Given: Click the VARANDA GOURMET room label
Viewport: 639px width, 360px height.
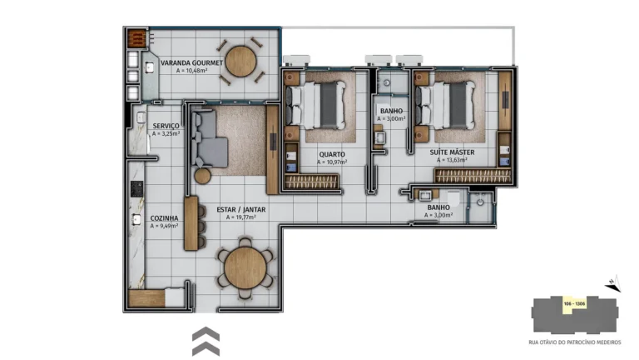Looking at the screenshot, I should coord(192,62).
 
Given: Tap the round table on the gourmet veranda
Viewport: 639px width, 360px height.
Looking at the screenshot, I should coord(241,60).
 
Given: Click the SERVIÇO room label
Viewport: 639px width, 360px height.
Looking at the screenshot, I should coord(165,125).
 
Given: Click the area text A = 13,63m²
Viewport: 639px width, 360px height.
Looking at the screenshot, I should coord(453,160).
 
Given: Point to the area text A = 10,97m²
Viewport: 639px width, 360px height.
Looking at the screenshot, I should coord(332,162).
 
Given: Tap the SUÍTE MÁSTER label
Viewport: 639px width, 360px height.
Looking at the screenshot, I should coord(453,152).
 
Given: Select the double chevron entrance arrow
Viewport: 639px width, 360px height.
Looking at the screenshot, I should coord(206,341).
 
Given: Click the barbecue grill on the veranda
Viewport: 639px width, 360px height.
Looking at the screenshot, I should coord(136,39).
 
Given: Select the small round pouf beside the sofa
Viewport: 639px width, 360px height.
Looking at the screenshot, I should coord(202,176).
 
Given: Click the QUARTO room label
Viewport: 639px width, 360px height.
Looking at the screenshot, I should coord(332,154).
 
